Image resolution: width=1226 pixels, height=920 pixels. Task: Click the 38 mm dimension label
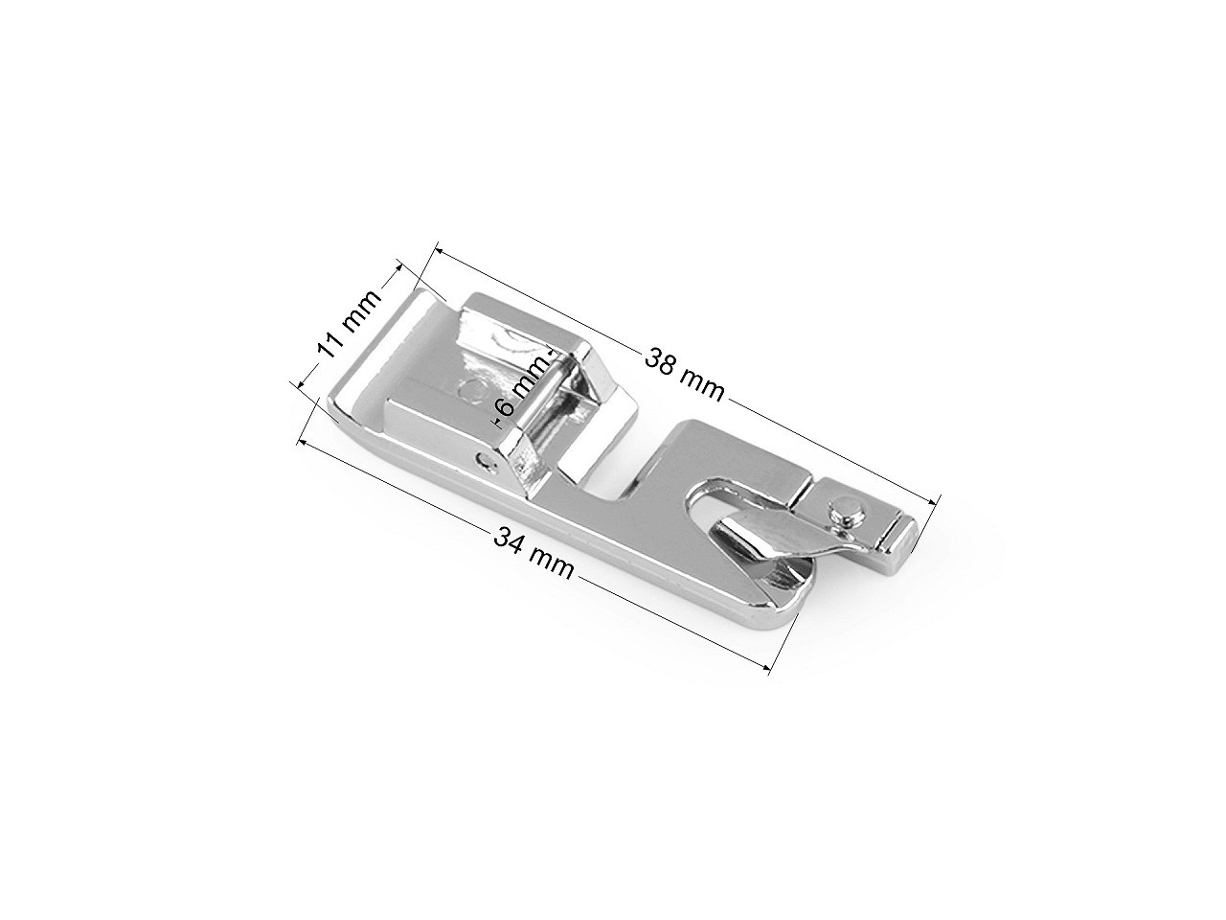[684, 375]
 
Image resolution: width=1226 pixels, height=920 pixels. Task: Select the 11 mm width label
[349, 323]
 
